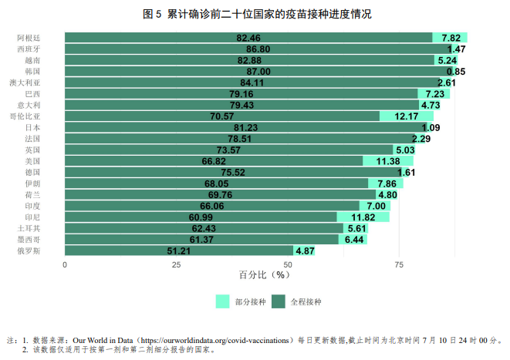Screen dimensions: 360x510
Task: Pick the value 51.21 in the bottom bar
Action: tap(178, 251)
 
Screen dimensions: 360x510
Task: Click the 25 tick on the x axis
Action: tap(176, 265)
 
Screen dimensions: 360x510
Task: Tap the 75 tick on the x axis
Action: tap(399, 265)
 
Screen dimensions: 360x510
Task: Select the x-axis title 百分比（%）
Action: tap(255, 275)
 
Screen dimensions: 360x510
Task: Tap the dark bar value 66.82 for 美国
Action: tap(213, 161)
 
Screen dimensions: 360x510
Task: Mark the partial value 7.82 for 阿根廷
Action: tap(451, 37)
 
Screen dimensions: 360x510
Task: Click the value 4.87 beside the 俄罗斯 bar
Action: tap(305, 251)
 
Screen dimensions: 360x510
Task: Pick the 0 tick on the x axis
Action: tap(65, 265)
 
